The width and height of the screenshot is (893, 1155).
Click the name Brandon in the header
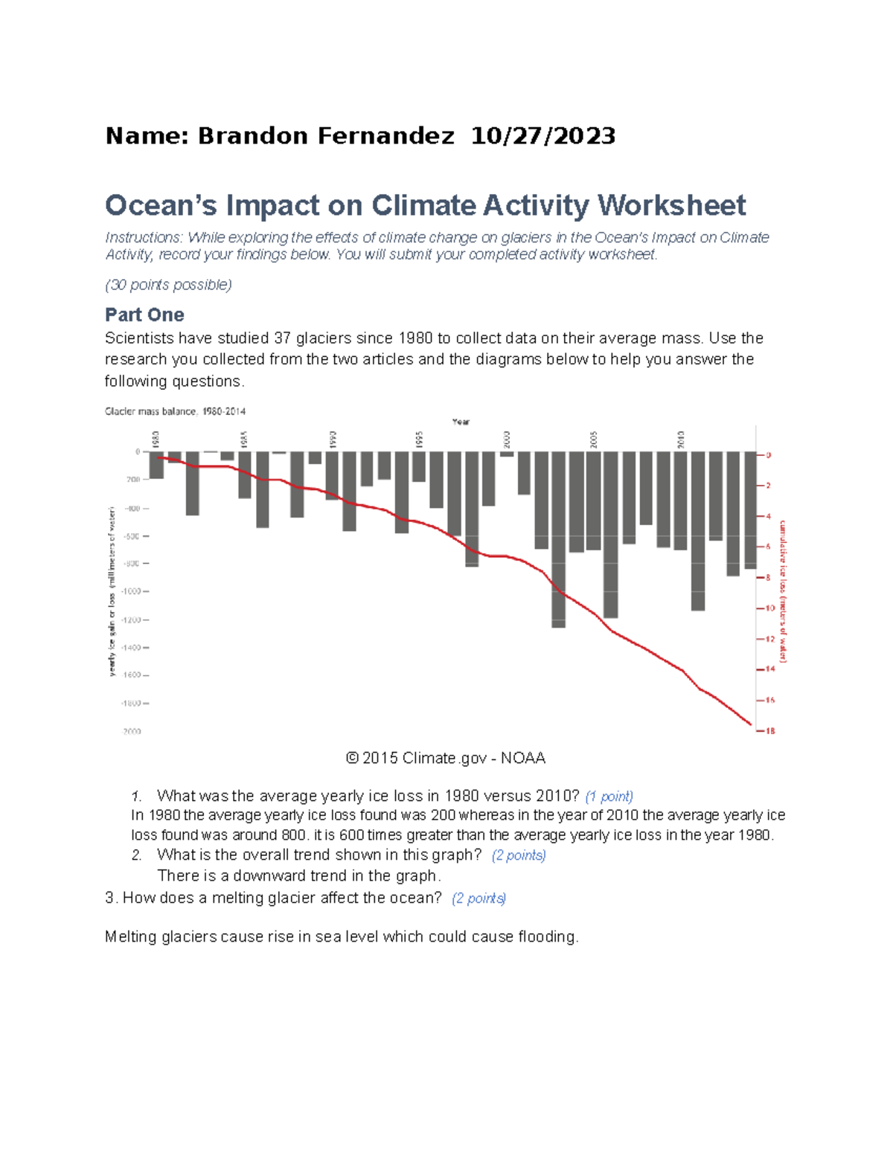pyautogui.click(x=252, y=136)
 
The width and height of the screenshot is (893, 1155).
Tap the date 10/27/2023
pyautogui.click(x=543, y=136)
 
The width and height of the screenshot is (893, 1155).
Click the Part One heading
pyautogui.click(x=144, y=315)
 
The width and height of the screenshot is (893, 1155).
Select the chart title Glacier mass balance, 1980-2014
pyautogui.click(x=175, y=411)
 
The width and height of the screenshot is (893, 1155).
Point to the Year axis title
pyautogui.click(x=461, y=422)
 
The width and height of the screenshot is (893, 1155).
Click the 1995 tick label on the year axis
pyautogui.click(x=419, y=439)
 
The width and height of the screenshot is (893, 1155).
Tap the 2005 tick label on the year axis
pyautogui.click(x=594, y=439)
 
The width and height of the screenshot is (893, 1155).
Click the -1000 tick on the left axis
pyautogui.click(x=134, y=591)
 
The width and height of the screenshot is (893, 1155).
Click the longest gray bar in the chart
pyautogui.click(x=558, y=539)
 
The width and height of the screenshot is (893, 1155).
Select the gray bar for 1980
pyautogui.click(x=156, y=465)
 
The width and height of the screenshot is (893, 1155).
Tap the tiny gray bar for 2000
pyautogui.click(x=507, y=454)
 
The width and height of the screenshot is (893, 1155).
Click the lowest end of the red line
pyautogui.click(x=751, y=724)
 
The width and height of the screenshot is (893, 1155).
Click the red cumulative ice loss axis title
pyautogui.click(x=783, y=591)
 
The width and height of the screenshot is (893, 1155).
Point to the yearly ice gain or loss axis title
pyautogui.click(x=112, y=591)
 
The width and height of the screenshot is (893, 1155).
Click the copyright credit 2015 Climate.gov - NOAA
pyautogui.click(x=446, y=758)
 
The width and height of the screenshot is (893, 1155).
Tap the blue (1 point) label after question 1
pyautogui.click(x=609, y=797)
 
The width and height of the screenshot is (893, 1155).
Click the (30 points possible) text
pyautogui.click(x=168, y=285)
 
